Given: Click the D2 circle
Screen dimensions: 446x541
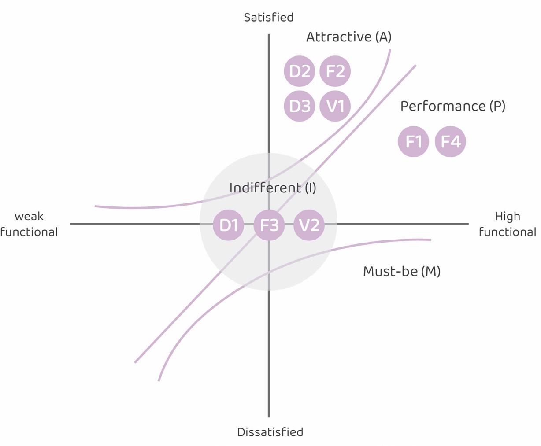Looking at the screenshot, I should [300, 71].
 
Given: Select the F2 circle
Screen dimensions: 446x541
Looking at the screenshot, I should [335, 71].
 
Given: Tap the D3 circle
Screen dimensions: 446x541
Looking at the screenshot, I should [300, 106].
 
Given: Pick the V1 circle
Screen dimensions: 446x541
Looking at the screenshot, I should [335, 106].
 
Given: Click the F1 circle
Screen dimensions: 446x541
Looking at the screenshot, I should [413, 142].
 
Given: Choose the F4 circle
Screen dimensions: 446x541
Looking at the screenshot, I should [450, 142].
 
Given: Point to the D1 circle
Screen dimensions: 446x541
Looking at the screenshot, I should [228, 225].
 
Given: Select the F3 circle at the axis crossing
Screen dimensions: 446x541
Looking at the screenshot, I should [269, 225].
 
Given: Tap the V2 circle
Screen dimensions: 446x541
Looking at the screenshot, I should [309, 225].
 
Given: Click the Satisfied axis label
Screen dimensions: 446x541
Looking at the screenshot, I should [268, 18].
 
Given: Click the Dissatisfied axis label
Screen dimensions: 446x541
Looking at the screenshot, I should [270, 432].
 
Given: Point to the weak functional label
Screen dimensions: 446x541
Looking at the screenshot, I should [29, 224].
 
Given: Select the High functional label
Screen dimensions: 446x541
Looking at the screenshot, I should [508, 224].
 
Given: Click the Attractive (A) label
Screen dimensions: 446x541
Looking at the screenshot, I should [348, 37].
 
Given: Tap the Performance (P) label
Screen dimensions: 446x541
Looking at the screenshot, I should [452, 106].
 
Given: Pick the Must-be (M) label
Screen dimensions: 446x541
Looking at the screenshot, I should [401, 272].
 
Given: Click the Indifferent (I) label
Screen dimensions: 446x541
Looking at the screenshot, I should [273, 188].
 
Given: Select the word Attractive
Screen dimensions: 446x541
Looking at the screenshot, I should [339, 37].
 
